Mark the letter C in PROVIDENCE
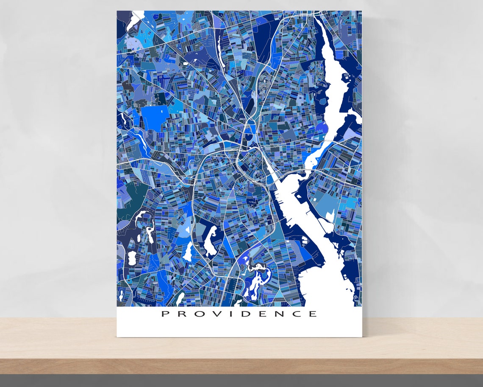295,314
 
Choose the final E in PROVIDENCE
312,314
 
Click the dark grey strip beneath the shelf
241,381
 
